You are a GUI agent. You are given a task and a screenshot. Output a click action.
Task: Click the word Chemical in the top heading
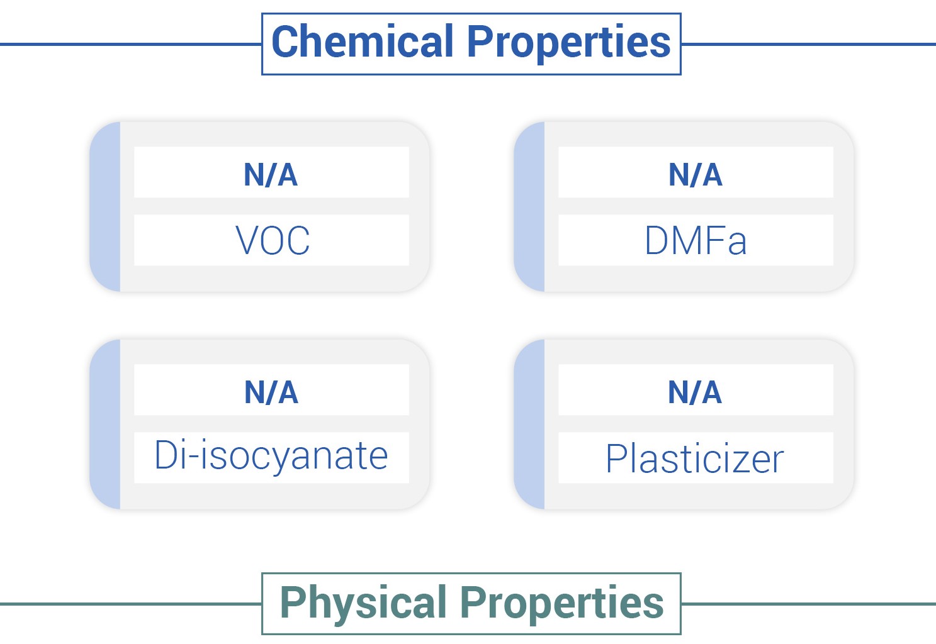tap(363, 41)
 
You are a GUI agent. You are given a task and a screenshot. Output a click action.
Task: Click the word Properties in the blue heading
tap(568, 43)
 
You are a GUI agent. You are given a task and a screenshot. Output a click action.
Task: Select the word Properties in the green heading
tap(562, 604)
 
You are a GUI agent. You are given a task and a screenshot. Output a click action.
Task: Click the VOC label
tap(273, 240)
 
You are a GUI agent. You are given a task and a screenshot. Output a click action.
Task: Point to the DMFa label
tap(696, 240)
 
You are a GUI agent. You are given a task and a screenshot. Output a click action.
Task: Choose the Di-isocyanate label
tap(271, 456)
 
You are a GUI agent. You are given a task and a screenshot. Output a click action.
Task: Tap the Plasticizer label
tap(695, 458)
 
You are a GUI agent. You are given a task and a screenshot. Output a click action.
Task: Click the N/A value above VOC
tap(271, 174)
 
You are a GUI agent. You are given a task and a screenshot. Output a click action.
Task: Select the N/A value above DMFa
tap(696, 174)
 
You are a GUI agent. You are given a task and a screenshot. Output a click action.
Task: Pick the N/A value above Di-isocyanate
tap(271, 392)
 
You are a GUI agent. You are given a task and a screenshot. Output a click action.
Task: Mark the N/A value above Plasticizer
tap(695, 392)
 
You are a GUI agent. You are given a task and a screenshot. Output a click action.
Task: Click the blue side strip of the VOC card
tap(105, 207)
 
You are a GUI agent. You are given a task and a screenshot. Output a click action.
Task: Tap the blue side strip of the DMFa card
tap(529, 207)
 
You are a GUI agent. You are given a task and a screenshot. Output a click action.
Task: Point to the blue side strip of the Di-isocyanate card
tap(105, 424)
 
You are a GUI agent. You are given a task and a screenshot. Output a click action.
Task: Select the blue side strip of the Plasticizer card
tap(529, 424)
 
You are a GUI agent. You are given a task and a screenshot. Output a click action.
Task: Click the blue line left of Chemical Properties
tap(131, 44)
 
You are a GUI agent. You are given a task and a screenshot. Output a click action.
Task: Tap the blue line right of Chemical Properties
tap(809, 44)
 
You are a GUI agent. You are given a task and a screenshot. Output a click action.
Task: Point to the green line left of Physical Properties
tap(131, 604)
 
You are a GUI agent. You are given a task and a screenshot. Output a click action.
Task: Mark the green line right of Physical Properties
tap(809, 604)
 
